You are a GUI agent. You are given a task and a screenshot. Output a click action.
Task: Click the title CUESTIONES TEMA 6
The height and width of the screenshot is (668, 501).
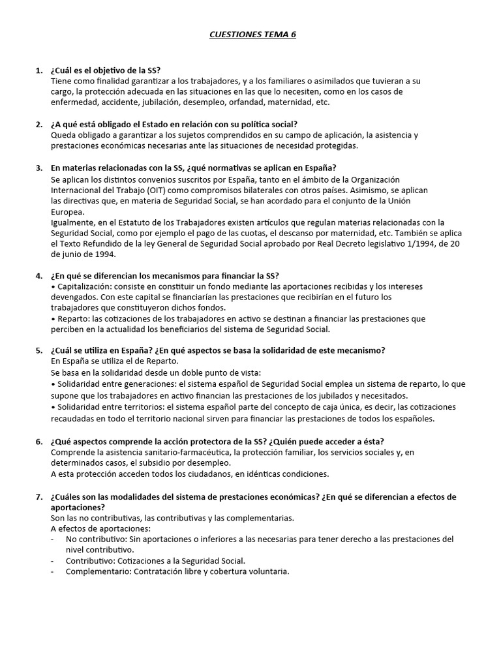pyautogui.click(x=252, y=34)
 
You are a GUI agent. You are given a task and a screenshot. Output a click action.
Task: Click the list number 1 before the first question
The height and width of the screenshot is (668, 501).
pyautogui.click(x=38, y=70)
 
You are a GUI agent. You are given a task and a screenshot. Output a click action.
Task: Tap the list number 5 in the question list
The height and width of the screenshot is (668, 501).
pyautogui.click(x=38, y=350)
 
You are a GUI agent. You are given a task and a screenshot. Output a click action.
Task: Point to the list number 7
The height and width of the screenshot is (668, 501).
pyautogui.click(x=38, y=497)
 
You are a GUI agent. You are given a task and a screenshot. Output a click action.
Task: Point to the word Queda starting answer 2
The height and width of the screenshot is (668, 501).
pyautogui.click(x=63, y=135)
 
